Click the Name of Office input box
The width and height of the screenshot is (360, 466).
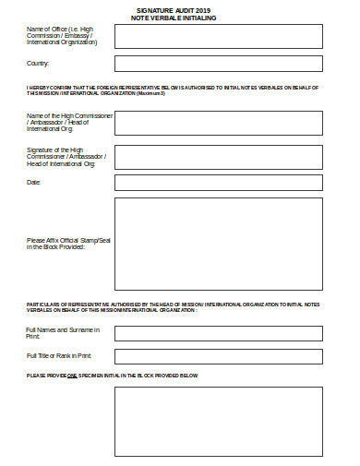(x=218, y=36)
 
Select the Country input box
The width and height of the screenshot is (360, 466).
(x=218, y=64)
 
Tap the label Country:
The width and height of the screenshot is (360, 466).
(x=38, y=63)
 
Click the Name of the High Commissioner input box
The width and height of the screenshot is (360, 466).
(x=218, y=122)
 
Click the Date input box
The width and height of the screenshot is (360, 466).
(x=218, y=182)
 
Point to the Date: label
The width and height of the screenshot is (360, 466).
(x=34, y=182)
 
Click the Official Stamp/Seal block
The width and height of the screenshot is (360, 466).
(x=218, y=244)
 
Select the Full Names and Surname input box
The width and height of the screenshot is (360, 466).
(x=218, y=332)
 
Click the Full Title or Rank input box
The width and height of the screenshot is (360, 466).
(x=218, y=356)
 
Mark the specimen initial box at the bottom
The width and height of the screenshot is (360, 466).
(x=218, y=422)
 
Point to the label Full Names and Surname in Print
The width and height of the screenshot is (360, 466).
(x=62, y=332)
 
